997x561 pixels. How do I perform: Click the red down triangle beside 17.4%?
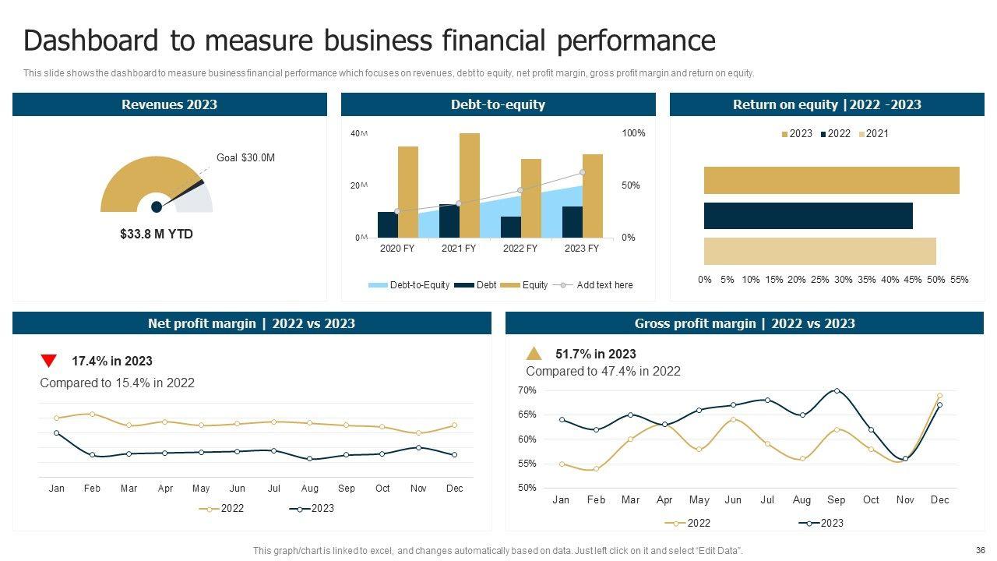point(48,361)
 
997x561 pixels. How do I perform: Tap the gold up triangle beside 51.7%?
point(534,353)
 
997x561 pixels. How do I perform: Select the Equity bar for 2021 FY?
point(470,185)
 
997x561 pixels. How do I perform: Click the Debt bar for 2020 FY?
point(387,224)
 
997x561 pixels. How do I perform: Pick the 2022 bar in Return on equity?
point(808,216)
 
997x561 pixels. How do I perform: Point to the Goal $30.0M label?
point(245,157)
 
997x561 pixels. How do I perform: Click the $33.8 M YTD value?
point(157,234)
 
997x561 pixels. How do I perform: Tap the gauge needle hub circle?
point(157,206)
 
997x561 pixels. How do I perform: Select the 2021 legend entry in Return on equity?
point(873,133)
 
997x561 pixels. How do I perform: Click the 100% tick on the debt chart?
point(633,133)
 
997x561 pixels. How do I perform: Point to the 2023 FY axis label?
point(581,249)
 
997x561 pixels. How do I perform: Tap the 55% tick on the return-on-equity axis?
point(960,280)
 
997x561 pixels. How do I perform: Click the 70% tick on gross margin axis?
point(527,390)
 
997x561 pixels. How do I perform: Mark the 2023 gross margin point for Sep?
point(837,390)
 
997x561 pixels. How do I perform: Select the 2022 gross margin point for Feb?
point(596,469)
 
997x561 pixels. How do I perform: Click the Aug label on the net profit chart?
point(309,489)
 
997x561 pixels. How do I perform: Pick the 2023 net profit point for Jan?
point(56,433)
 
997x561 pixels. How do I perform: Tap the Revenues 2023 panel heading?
point(169,104)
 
